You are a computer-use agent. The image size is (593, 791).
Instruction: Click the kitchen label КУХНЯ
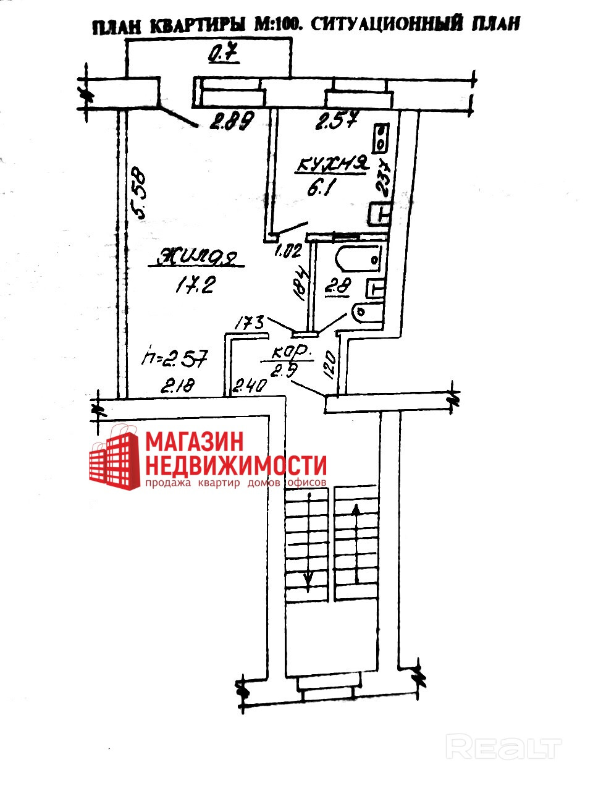pyautogui.click(x=332, y=165)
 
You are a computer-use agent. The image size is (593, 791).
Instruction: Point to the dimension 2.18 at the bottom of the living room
pyautogui.click(x=178, y=387)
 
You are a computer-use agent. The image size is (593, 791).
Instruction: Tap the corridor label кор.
pyautogui.click(x=288, y=353)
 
